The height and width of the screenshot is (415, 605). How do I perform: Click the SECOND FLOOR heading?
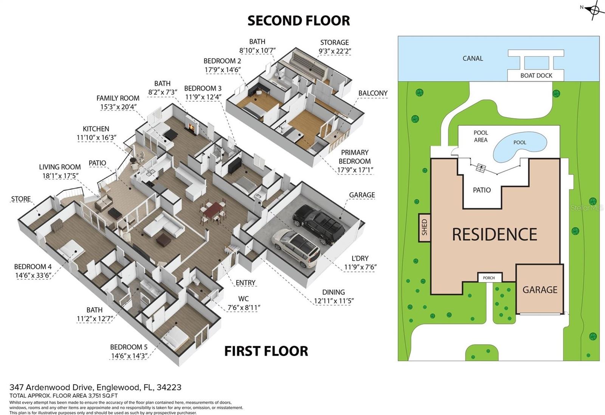[298, 21]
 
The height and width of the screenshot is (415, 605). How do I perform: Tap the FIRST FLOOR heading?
[266, 351]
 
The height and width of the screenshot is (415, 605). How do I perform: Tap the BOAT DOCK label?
[536, 76]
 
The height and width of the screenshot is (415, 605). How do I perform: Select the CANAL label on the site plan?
[473, 59]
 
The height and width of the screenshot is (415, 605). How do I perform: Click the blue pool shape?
[520, 145]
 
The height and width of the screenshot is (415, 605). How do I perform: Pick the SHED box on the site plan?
[424, 227]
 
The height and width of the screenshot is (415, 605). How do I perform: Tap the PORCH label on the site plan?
[489, 278]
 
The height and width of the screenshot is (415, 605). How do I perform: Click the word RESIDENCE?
[495, 234]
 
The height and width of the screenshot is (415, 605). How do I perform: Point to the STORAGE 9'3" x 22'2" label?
[334, 47]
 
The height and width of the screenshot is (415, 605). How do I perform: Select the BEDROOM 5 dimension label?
[129, 352]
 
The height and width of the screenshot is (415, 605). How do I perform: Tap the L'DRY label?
[360, 263]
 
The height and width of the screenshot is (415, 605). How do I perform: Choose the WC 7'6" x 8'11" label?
[244, 303]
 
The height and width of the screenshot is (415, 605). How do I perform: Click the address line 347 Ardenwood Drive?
[95, 387]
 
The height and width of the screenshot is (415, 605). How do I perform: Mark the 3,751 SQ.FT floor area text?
[102, 396]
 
